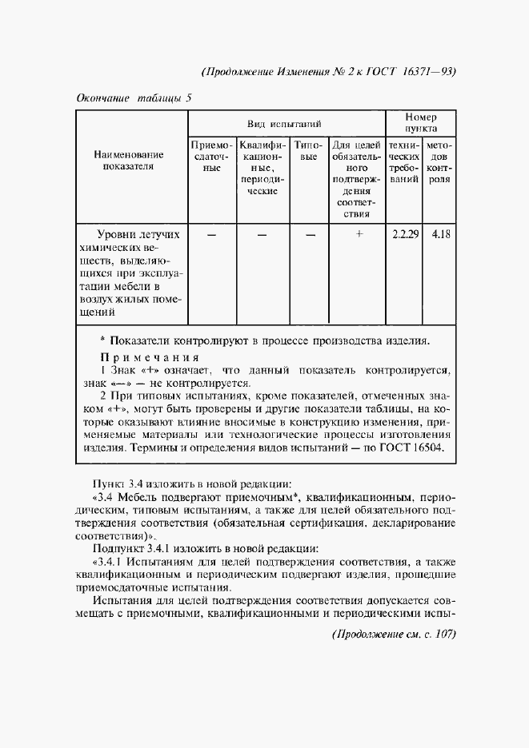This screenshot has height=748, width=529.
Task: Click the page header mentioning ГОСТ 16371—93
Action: tap(329, 70)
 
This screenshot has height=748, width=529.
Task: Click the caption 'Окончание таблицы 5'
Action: tap(134, 99)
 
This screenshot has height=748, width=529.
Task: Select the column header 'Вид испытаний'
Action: tap(284, 125)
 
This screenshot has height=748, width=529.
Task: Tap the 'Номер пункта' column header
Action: tap(420, 122)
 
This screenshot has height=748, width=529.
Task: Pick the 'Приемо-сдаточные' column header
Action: tap(211, 157)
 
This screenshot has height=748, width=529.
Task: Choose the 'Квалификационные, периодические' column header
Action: tap(262, 169)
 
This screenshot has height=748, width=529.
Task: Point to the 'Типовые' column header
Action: tap(309, 152)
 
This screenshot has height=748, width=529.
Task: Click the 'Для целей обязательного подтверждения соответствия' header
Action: tap(356, 179)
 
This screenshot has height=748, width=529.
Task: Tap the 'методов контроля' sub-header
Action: tap(439, 163)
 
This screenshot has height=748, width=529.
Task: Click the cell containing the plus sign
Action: tap(359, 234)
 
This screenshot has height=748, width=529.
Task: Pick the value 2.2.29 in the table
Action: tap(405, 234)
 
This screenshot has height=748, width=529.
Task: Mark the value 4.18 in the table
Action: tap(439, 234)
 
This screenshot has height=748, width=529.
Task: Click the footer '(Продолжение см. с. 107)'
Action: tap(392, 634)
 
